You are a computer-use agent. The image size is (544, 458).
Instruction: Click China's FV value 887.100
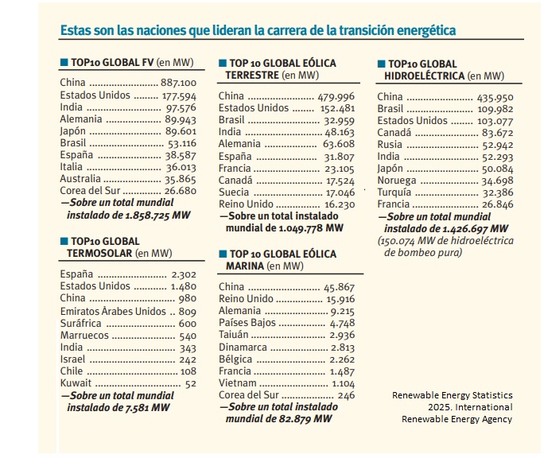click(178, 83)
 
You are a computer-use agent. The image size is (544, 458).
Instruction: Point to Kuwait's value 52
click(191, 383)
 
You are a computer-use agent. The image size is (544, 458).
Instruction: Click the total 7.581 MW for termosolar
click(150, 408)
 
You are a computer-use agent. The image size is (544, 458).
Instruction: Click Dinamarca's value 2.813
click(342, 347)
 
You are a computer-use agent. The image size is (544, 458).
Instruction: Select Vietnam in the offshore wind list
click(238, 382)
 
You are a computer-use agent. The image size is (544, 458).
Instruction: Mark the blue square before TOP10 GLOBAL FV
click(64, 61)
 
